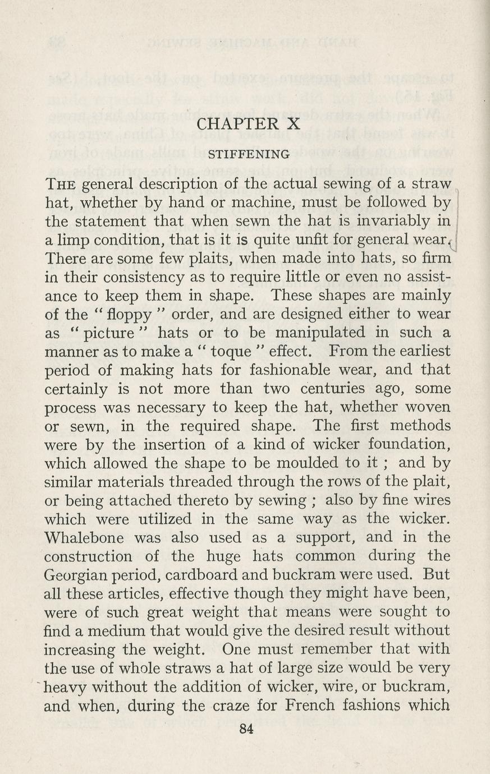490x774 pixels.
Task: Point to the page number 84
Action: pos(246,729)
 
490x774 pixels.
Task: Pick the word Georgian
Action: pos(74,575)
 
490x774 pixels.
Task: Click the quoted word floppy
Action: pos(122,315)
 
